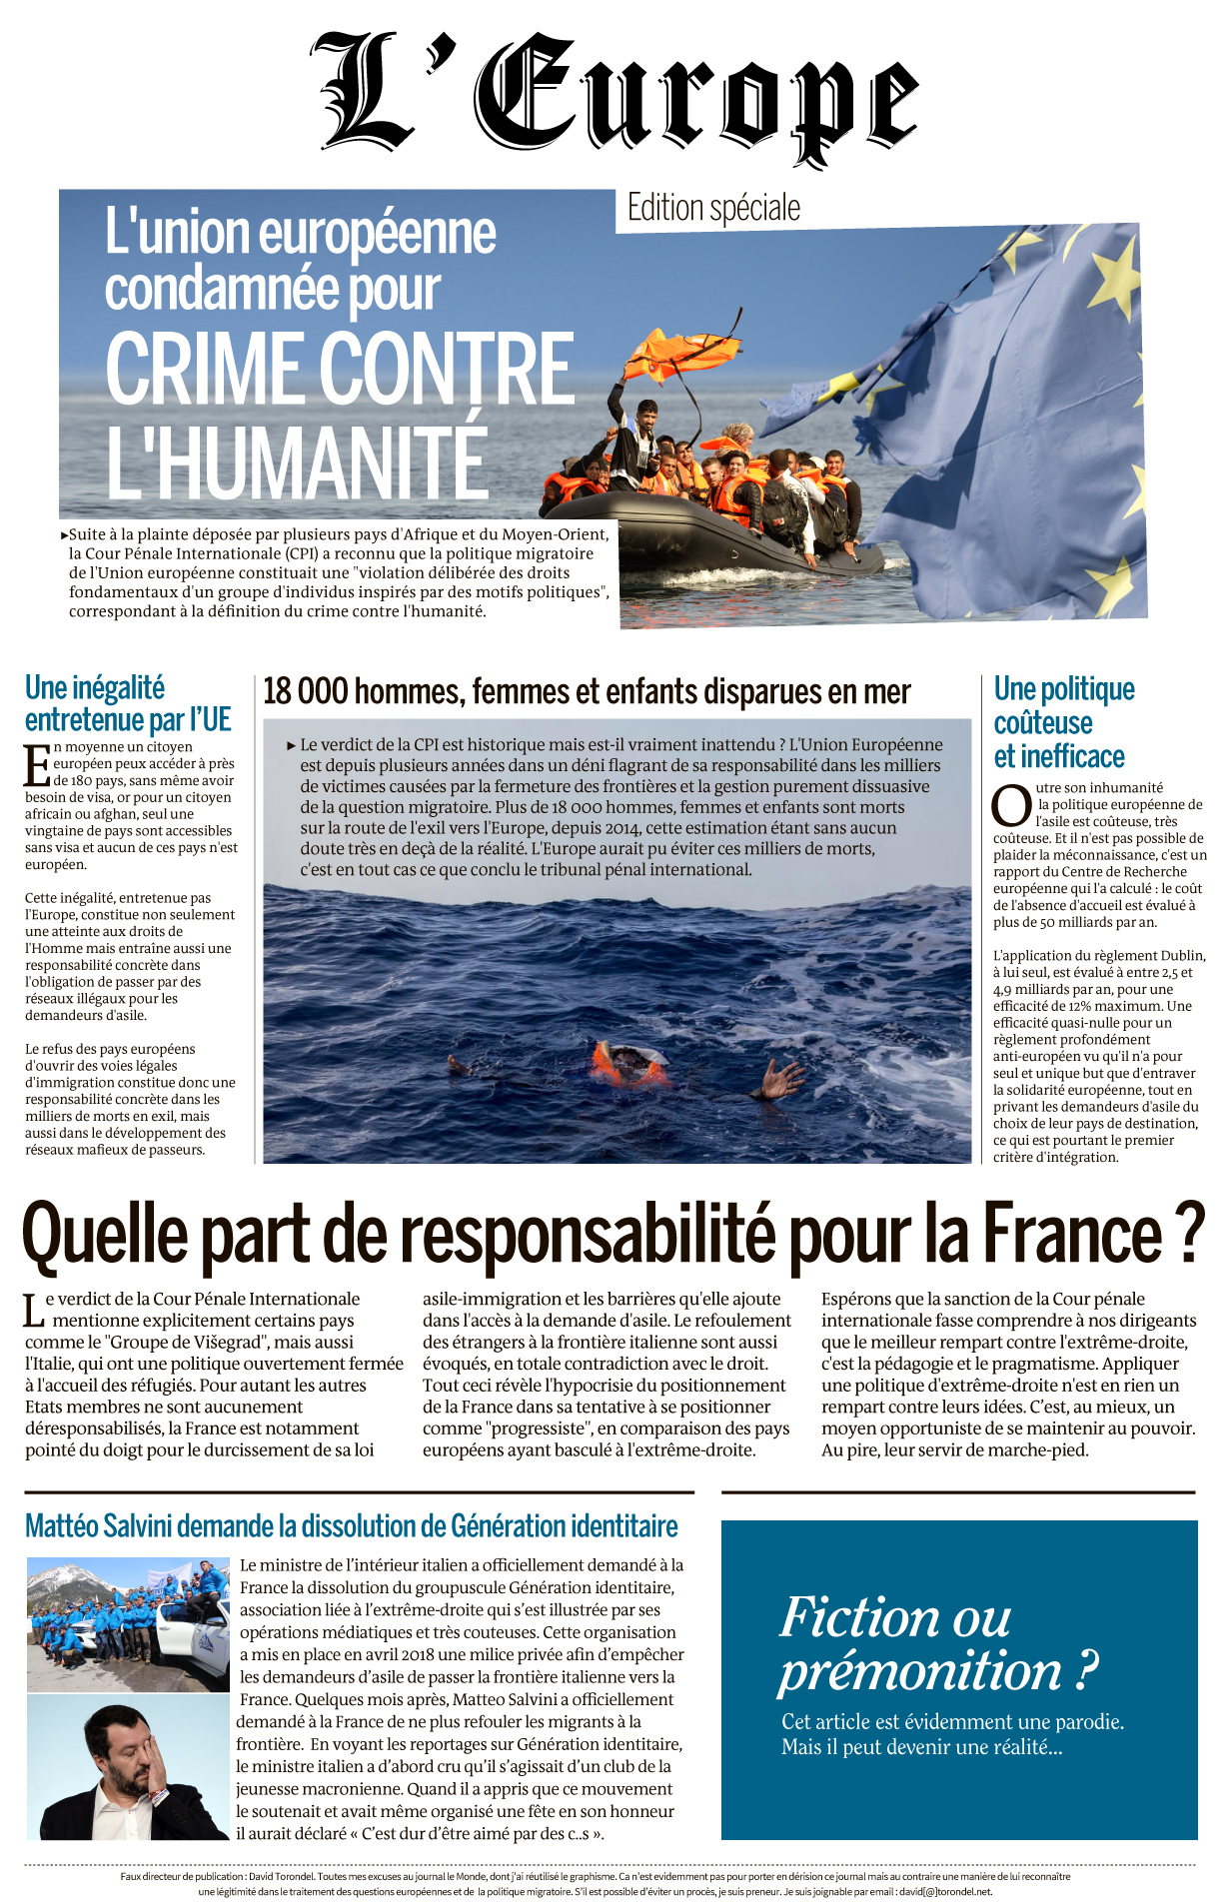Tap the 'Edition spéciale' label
(713, 208)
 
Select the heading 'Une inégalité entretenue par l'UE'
(128, 703)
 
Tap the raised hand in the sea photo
(782, 1080)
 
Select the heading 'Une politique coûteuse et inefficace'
(1064, 722)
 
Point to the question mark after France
(1189, 1235)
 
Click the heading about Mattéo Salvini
(351, 1526)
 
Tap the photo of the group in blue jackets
(128, 1624)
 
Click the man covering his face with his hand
(128, 1768)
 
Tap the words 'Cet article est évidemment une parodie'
(952, 1721)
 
